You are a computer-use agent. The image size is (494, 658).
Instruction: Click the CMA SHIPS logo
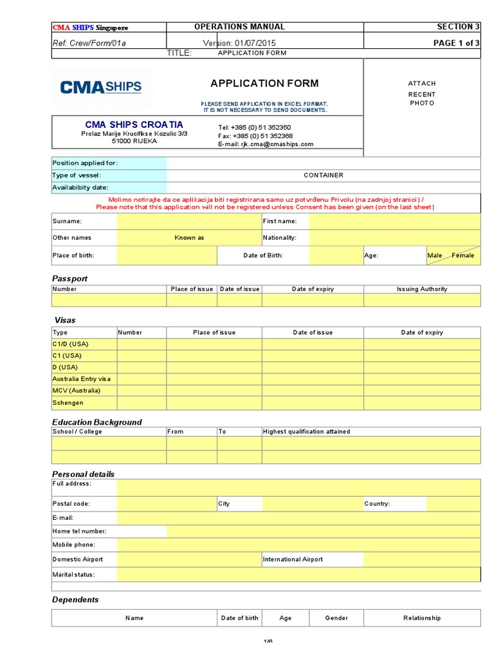coord(101,87)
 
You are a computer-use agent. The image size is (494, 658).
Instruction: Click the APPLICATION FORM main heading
coord(264,84)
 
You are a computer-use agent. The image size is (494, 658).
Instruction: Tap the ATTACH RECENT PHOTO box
coord(422,93)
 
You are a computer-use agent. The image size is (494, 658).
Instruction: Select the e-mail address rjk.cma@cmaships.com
coord(277,145)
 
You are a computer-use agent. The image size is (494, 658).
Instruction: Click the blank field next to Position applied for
coord(323,163)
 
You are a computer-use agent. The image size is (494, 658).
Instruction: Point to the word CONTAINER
coord(323,175)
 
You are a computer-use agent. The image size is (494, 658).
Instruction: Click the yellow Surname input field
coord(188,222)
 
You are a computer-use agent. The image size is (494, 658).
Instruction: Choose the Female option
coord(462,256)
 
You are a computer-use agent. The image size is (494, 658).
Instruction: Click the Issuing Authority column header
coord(421,289)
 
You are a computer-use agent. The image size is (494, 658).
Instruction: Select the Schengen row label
coord(68,403)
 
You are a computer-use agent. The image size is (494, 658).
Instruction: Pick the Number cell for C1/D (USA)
coord(142,344)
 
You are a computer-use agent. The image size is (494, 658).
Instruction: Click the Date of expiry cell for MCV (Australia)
coord(421,391)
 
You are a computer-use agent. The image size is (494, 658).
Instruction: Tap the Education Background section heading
coord(96,422)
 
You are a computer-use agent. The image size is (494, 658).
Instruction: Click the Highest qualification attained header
coord(306,432)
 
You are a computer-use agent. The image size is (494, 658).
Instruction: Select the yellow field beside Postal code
coord(167,504)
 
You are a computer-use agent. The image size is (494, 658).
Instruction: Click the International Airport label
coord(293,560)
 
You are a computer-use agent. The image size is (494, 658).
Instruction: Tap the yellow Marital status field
coord(298,574)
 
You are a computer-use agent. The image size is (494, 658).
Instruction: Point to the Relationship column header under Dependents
coord(421,618)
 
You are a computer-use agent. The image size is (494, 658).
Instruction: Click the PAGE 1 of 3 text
coord(456,43)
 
